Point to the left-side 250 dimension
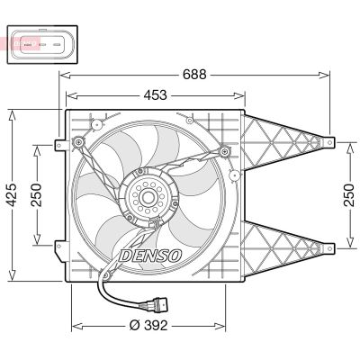tap(37, 194)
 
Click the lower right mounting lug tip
tap(330, 243)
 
